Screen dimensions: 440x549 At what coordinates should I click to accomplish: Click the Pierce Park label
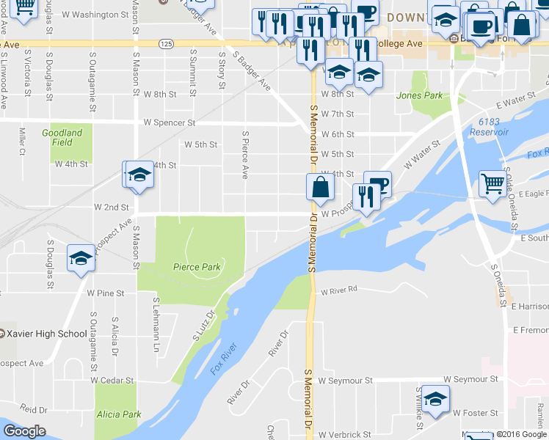point(197,268)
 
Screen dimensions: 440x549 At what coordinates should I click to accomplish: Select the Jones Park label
point(419,95)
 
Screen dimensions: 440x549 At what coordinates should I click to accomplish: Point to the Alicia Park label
point(118,414)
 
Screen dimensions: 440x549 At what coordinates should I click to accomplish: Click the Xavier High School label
point(43,334)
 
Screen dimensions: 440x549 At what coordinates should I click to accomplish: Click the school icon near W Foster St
point(435,400)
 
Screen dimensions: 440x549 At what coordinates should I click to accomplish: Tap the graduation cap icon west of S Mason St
point(80,258)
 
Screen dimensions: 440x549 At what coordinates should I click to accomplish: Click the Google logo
point(24,431)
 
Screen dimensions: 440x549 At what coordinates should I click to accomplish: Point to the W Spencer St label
point(169,122)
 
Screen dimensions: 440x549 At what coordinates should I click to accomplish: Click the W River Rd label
point(338,290)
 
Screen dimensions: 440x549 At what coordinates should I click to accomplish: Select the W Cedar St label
point(112,381)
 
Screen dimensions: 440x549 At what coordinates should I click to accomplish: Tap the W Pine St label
point(106,293)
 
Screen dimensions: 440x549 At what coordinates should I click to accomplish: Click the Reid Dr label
point(34,409)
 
